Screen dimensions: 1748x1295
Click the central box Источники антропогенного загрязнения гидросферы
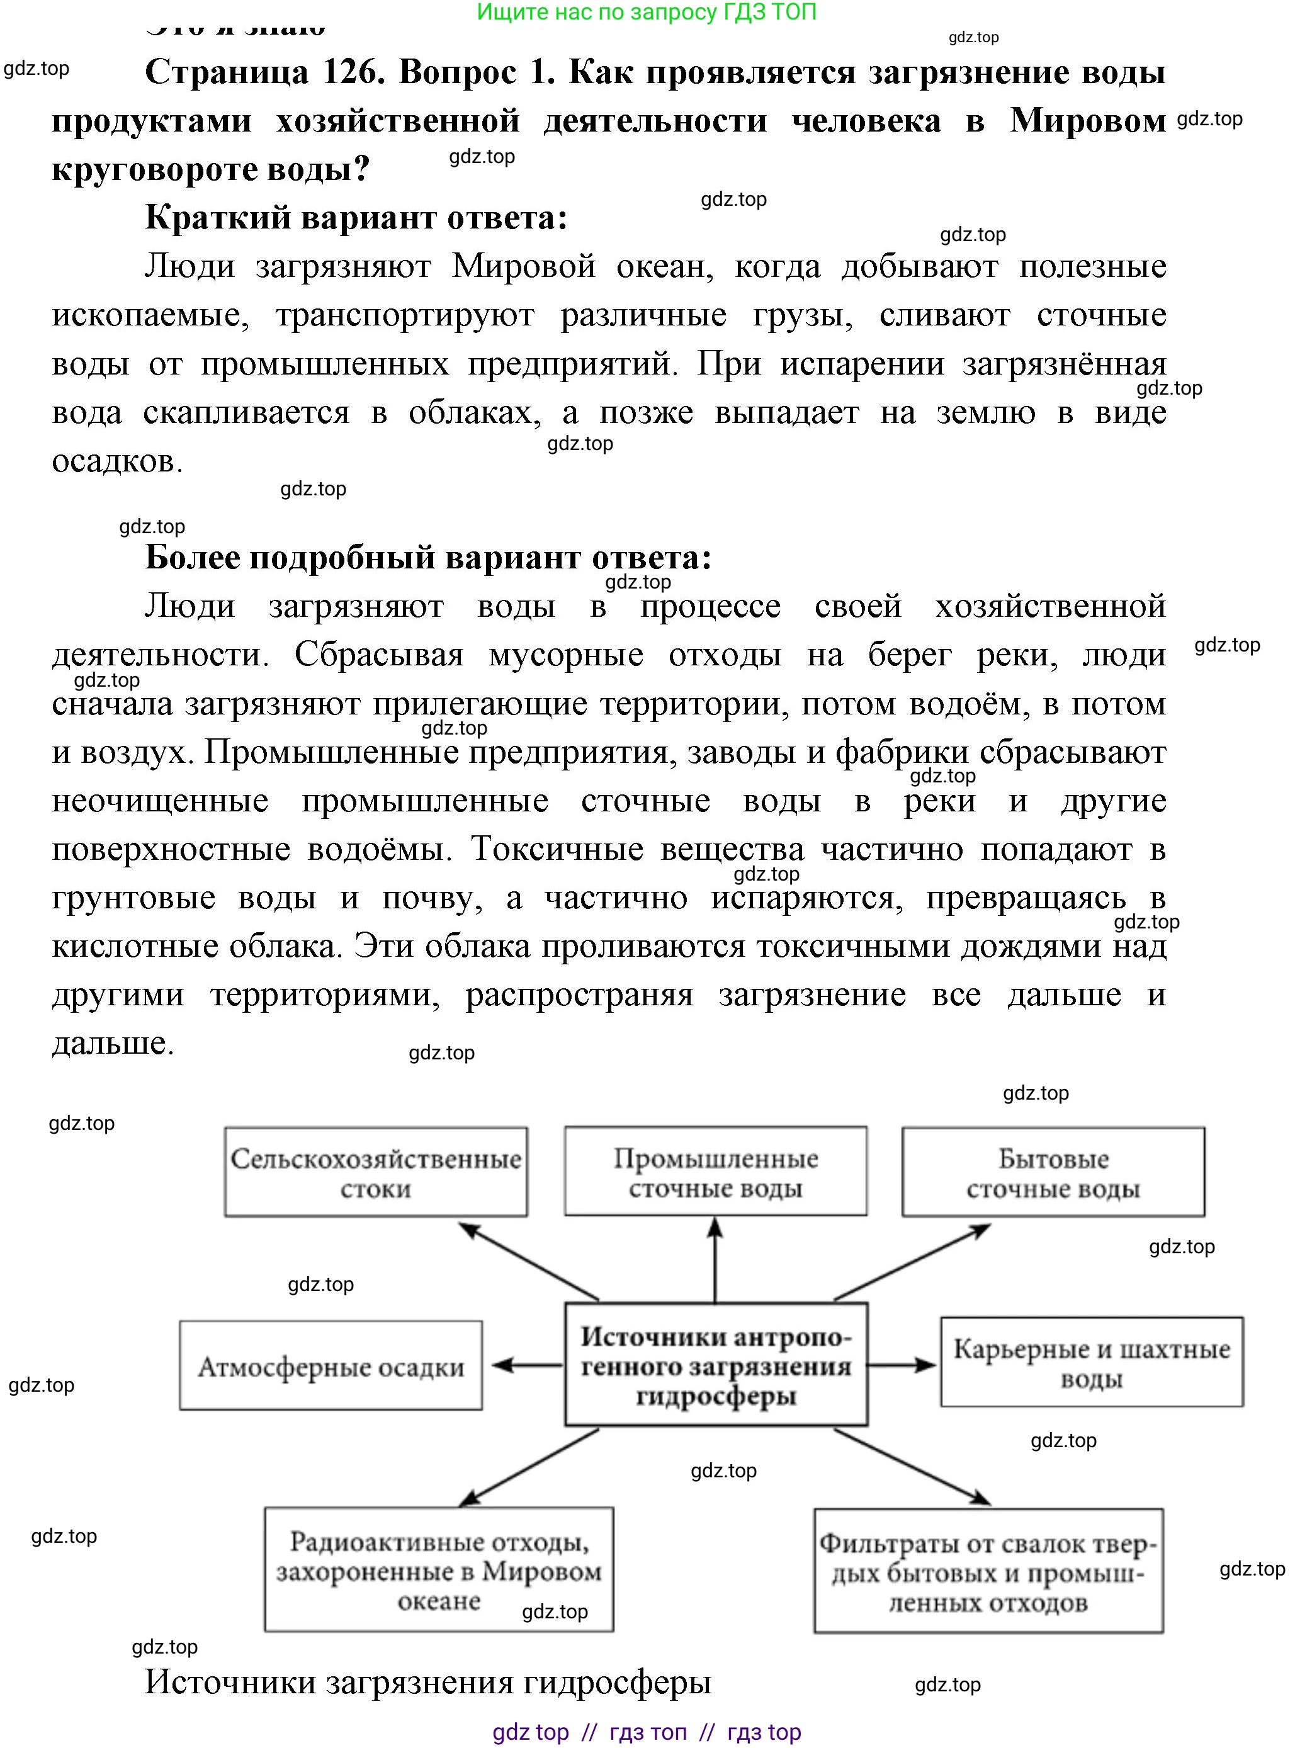pyautogui.click(x=715, y=1365)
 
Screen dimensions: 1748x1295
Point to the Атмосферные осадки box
pyautogui.click(x=330, y=1365)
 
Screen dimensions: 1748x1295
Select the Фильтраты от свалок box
pyautogui.click(x=988, y=1571)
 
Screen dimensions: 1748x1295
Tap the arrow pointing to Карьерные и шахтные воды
pyautogui.click(x=902, y=1365)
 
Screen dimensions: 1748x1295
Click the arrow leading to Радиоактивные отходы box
pyautogui.click(x=529, y=1467)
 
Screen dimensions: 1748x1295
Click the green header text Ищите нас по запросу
pyautogui.click(x=646, y=12)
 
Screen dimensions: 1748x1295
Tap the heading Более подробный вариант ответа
pyautogui.click(x=428, y=557)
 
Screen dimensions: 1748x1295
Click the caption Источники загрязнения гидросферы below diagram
pyautogui.click(x=428, y=1681)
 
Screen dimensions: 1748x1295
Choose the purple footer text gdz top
pyautogui.click(x=530, y=1732)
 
